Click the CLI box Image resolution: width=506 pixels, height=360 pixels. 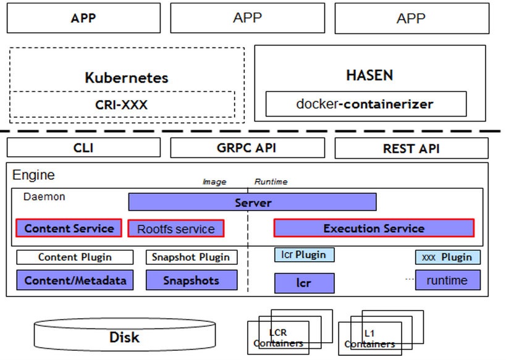tap(83, 148)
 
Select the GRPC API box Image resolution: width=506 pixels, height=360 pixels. tap(248, 148)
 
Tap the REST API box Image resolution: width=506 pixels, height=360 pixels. tap(411, 148)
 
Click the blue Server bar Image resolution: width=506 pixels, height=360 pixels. tap(252, 202)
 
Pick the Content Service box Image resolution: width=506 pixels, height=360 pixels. tap(69, 228)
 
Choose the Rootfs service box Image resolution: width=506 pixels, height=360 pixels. tap(176, 228)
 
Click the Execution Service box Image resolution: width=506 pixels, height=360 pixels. tap(374, 228)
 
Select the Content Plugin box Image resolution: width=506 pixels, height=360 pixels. tap(75, 257)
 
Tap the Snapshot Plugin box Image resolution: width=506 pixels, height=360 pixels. tap(192, 257)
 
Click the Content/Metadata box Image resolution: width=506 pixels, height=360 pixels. tap(75, 280)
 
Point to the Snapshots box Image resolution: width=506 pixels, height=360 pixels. tap(192, 280)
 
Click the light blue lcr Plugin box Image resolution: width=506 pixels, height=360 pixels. tap(305, 254)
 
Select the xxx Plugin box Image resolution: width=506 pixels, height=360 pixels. tap(447, 257)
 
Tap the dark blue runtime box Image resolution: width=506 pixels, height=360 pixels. tap(447, 280)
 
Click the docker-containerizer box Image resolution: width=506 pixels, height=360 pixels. tap(366, 104)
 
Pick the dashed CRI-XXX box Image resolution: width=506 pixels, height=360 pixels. tap(122, 104)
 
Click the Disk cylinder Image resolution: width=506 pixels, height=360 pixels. tap(125, 335)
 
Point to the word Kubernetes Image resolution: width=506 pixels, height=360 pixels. tap(127, 78)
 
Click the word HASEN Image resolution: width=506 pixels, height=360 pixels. tap(369, 75)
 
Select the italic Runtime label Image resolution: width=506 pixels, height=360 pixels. tap(271, 182)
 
